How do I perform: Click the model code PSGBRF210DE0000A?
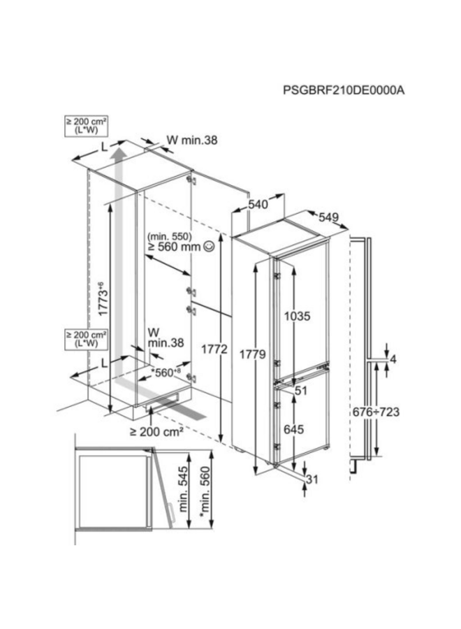click(344, 90)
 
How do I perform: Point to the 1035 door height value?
click(297, 317)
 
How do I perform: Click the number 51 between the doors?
click(302, 390)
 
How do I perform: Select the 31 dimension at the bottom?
click(313, 479)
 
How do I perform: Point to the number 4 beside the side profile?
click(393, 359)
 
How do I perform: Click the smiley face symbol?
click(209, 247)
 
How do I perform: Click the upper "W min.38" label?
click(191, 140)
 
